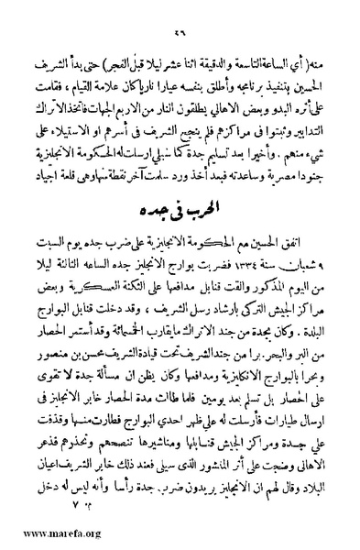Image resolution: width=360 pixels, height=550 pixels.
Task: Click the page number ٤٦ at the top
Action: pyautogui.click(x=180, y=12)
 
